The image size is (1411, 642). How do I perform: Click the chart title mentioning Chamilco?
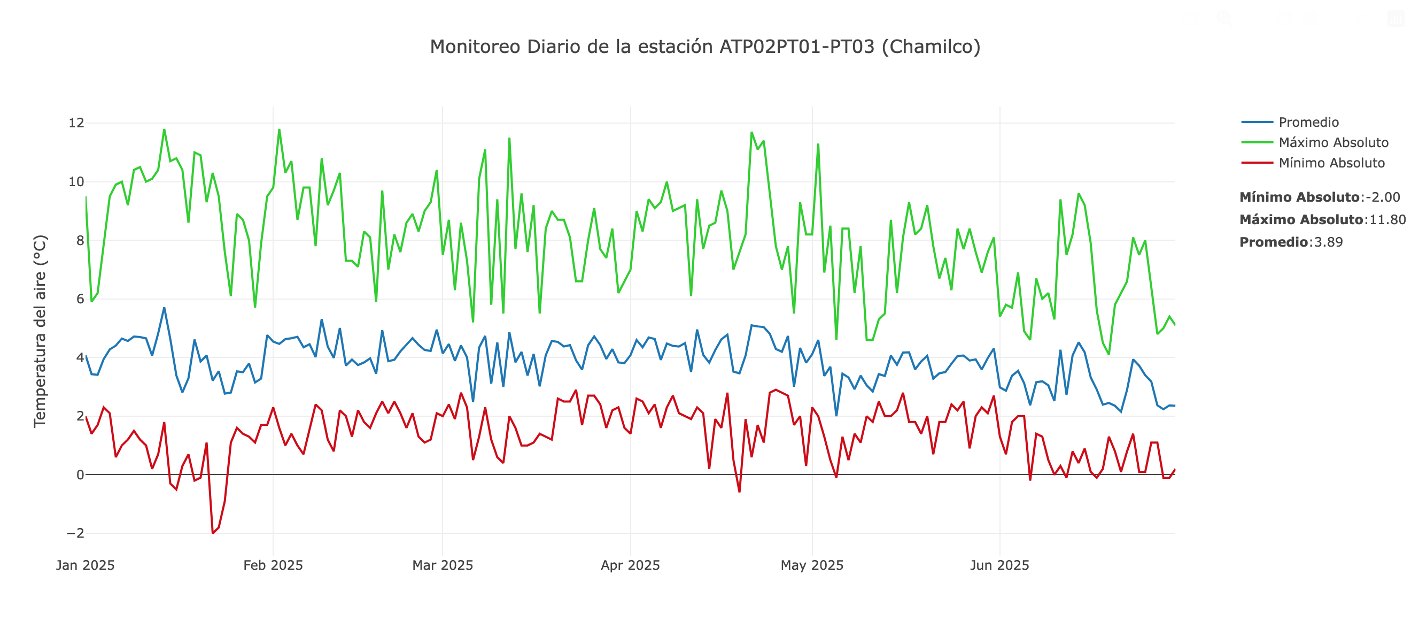(705, 47)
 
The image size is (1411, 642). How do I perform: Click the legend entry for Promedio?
(1308, 123)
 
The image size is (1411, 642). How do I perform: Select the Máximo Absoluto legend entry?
(1332, 142)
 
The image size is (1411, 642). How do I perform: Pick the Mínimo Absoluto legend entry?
(1331, 163)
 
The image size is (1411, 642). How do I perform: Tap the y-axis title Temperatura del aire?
(40, 331)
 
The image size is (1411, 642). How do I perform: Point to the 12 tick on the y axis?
(76, 123)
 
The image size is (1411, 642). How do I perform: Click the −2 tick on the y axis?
(75, 533)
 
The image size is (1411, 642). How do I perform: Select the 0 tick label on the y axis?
(80, 475)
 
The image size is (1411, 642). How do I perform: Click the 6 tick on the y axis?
(80, 299)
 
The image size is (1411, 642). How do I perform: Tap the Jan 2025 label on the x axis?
(86, 565)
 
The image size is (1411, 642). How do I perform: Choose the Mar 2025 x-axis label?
(443, 565)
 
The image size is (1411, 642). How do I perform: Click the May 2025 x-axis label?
(812, 565)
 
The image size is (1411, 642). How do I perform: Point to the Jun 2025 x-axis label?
(999, 565)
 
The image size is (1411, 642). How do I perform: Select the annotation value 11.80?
(1387, 220)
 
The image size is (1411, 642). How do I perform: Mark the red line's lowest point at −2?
(213, 533)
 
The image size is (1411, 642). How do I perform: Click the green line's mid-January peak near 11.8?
(164, 129)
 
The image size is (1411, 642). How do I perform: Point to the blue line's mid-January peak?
(164, 308)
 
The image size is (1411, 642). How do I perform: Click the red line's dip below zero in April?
(740, 492)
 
